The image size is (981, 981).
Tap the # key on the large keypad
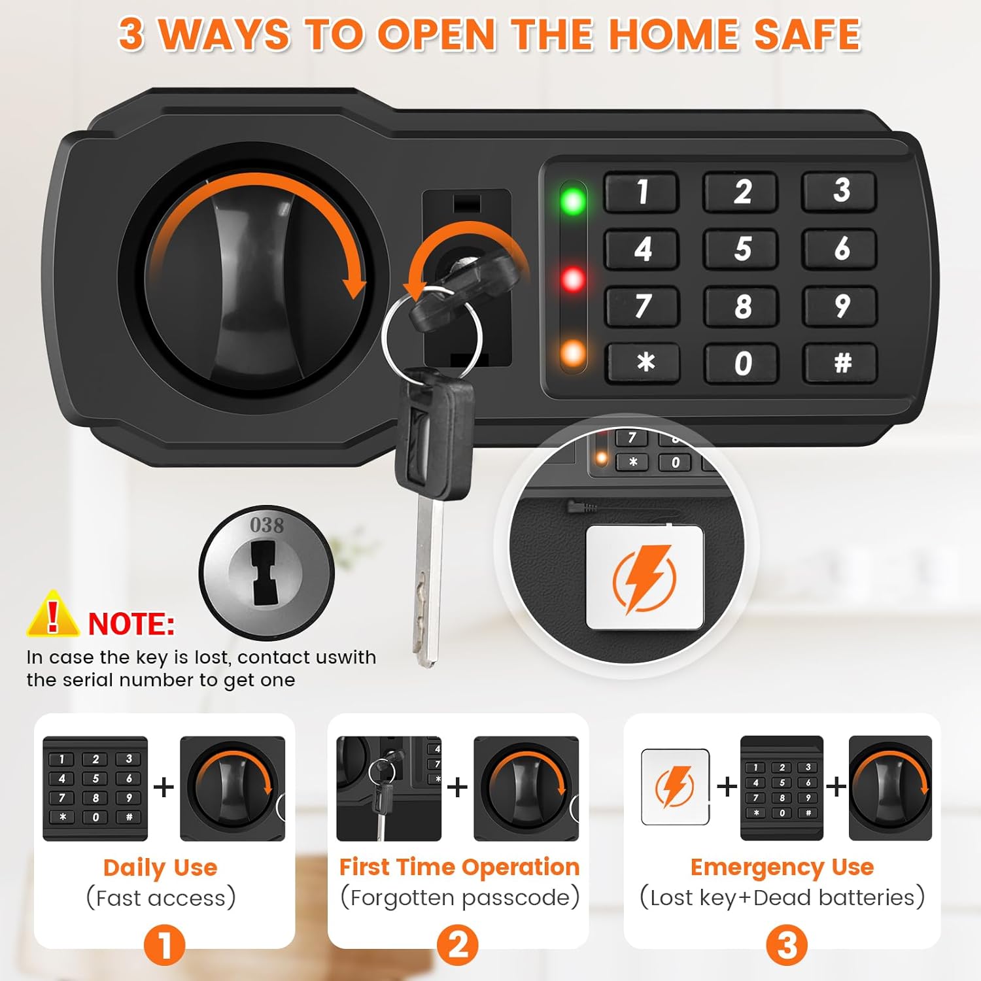click(842, 362)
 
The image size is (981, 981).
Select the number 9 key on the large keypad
click(842, 306)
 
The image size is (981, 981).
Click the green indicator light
click(573, 201)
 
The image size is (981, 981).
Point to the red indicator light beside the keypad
click(573, 280)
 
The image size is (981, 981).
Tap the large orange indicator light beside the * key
click(573, 353)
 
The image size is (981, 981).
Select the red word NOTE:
click(131, 624)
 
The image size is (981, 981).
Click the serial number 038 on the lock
click(267, 525)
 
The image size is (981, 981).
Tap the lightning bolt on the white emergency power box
click(644, 579)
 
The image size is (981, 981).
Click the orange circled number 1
click(164, 945)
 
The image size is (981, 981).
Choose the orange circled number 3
click(787, 945)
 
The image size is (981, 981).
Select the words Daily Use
click(160, 868)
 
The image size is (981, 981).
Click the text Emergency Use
click(782, 867)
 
